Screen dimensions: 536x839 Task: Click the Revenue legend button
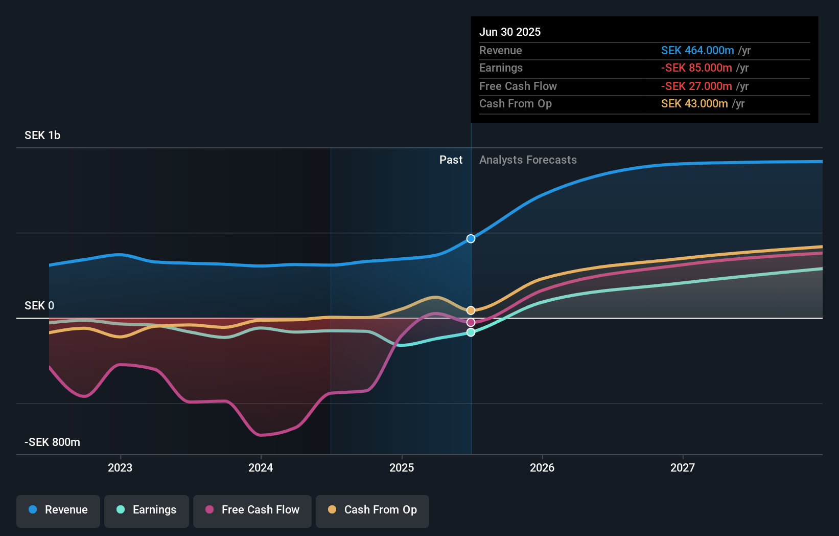tap(58, 510)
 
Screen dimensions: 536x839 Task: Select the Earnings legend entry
tap(147, 510)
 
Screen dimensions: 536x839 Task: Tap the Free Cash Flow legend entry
tap(252, 510)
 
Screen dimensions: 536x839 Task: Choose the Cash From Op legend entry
tap(372, 510)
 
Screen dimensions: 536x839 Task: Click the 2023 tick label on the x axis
tap(120, 467)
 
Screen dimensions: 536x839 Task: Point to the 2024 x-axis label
tap(261, 467)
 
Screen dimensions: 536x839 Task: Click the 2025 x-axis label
tap(402, 467)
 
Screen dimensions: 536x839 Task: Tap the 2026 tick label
tap(542, 467)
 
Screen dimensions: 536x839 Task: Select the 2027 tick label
tap(683, 467)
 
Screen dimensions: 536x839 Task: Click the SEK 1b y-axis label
tap(42, 136)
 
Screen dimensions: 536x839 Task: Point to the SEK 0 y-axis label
tap(39, 306)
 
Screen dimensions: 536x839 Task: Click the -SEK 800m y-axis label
tap(53, 442)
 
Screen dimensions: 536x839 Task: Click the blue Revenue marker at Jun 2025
tap(471, 239)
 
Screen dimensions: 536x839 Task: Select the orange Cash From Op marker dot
tap(471, 310)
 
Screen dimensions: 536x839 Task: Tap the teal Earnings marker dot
tap(471, 332)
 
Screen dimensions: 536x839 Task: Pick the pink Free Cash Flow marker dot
tap(471, 322)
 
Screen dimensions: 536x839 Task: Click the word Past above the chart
tap(451, 160)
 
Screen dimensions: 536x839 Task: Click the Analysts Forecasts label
tap(528, 160)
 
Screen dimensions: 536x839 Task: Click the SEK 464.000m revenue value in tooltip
tap(697, 51)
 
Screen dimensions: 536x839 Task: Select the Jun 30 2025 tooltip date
tap(510, 32)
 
